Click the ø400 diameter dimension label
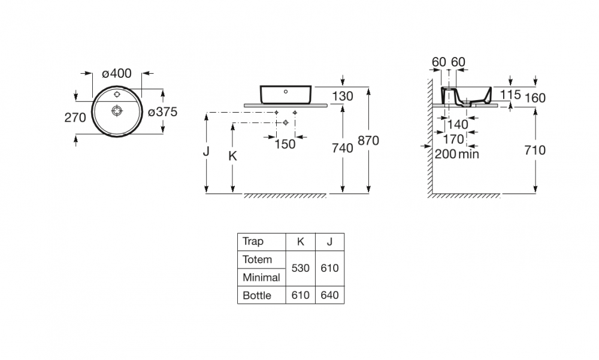point(117,73)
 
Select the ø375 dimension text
point(163,112)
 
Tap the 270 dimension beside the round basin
point(75,118)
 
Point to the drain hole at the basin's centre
point(117,111)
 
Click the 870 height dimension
point(368,141)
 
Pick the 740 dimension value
point(342,148)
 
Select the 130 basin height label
point(342,96)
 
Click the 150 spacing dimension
point(285,144)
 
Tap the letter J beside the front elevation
point(206,152)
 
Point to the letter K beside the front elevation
point(232,156)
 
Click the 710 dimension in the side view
point(535,150)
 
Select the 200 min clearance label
point(457,154)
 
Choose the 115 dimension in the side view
point(510,95)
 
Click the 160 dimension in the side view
point(535,98)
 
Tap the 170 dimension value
point(453,139)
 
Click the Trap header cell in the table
point(253,241)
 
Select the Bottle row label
point(257,295)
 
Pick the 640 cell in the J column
point(329,295)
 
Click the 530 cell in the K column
point(300,268)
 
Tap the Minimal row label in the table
point(261,277)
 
